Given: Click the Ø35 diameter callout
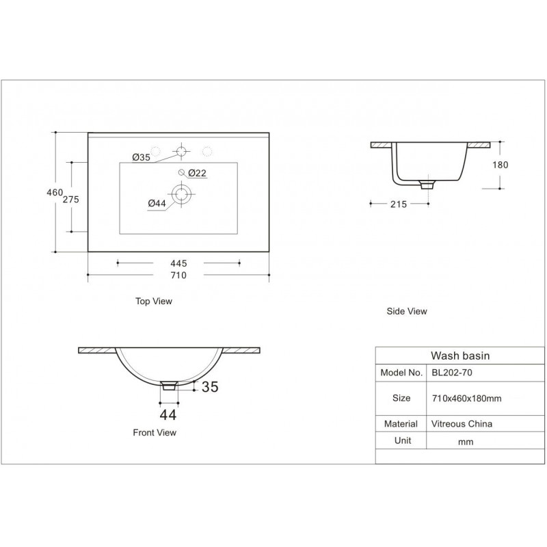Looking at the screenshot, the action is coord(142,157).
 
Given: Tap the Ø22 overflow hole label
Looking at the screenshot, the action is coord(197,173).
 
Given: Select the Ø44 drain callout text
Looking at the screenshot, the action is coord(157,203).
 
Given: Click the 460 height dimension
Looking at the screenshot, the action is coord(55,192).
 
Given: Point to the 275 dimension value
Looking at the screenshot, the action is coord(71,200).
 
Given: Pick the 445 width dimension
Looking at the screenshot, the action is coord(178,263).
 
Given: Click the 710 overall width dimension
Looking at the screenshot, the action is coord(178,276).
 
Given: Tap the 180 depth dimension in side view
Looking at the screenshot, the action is coord(501,165).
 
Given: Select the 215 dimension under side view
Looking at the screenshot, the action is coord(399,204).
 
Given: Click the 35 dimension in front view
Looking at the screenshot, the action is coord(210,386).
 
